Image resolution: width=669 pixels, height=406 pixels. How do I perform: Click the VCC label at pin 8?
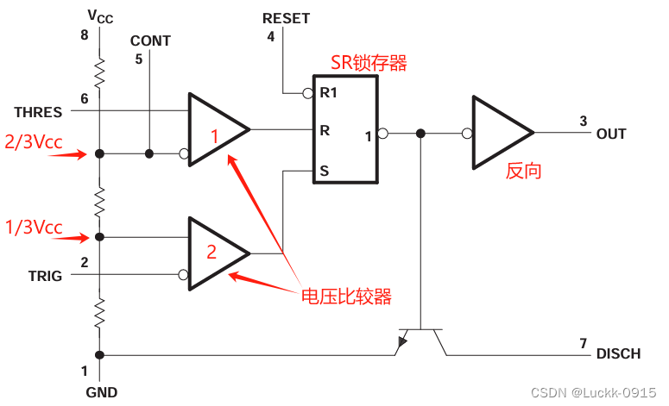click(100, 16)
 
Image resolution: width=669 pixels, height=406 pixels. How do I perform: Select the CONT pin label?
click(150, 41)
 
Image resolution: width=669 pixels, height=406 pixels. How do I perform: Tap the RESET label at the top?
click(286, 18)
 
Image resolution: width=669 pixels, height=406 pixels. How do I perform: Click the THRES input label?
click(38, 113)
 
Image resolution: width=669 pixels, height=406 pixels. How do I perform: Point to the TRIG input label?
click(45, 276)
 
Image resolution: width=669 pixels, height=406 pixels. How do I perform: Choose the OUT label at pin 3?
click(611, 134)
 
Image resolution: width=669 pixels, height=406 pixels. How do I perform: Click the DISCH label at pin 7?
click(618, 354)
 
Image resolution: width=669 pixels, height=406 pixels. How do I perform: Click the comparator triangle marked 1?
click(214, 131)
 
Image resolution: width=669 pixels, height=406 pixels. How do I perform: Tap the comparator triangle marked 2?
click(214, 253)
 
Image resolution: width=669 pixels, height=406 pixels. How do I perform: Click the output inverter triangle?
click(499, 133)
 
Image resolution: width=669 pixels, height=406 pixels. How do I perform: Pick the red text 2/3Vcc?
click(34, 142)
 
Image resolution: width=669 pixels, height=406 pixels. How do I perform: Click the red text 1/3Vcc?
click(34, 227)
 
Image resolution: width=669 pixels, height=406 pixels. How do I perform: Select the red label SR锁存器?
click(369, 62)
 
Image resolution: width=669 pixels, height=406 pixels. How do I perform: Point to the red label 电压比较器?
click(345, 297)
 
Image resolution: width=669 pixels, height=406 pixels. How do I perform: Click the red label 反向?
click(523, 171)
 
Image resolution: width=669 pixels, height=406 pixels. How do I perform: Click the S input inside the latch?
click(324, 172)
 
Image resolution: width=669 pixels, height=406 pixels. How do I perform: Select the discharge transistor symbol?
click(420, 340)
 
